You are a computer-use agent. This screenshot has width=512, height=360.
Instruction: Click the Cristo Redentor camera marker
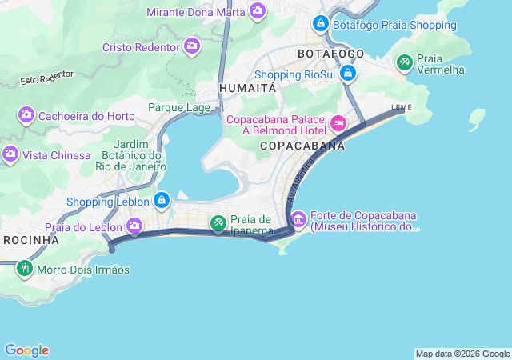[192, 47]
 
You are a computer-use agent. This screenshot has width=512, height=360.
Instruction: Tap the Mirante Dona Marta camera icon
[258, 10]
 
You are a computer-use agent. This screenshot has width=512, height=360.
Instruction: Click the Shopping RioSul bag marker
[347, 74]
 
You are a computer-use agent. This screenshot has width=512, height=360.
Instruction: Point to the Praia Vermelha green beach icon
[405, 62]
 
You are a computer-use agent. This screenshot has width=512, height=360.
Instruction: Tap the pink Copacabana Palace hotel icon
[338, 123]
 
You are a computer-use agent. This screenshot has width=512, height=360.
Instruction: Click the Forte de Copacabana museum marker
[298, 218]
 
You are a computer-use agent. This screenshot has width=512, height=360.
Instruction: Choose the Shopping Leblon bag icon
[162, 200]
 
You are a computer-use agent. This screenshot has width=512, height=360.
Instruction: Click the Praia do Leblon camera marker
[134, 226]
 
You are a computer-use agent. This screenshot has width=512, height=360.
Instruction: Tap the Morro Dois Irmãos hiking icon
[25, 269]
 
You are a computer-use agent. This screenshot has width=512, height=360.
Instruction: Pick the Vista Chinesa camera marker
[10, 154]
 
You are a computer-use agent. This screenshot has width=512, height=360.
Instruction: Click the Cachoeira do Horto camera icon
[26, 116]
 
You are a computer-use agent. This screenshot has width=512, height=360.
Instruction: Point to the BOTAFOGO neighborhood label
[330, 54]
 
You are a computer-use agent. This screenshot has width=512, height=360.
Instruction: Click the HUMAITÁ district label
[247, 87]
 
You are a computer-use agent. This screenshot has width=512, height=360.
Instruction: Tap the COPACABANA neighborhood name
[302, 146]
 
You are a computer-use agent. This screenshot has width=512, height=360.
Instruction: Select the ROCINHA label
[31, 240]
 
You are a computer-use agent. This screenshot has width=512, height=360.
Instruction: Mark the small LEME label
[401, 106]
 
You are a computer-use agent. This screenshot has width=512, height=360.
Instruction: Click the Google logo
[26, 350]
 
